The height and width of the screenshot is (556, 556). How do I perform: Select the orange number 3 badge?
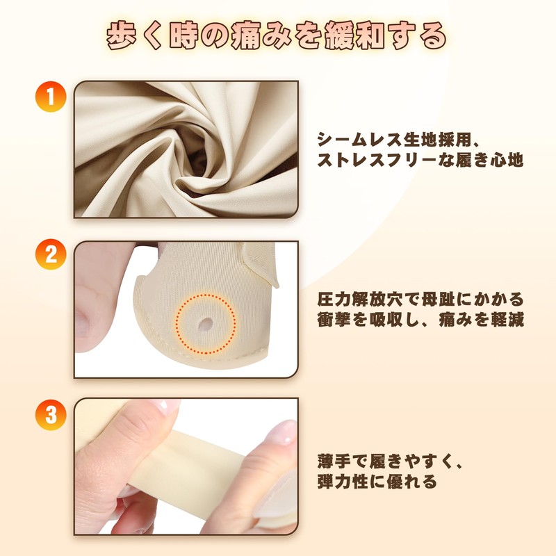[x=49, y=416]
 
